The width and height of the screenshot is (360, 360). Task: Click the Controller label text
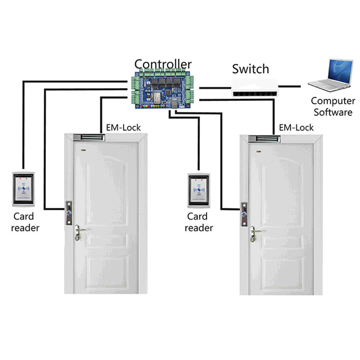pos(163,64)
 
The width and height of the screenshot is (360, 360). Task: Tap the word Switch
pos(250,69)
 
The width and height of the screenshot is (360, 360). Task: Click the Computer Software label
pos(332,107)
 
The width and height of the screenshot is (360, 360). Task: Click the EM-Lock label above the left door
pos(123,127)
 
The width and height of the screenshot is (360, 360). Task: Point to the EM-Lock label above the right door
pos(296,127)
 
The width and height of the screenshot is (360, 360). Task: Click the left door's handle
pos(79,231)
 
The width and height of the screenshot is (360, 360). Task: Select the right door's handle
pos(255,232)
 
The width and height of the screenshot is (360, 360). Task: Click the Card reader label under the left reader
pos(26,221)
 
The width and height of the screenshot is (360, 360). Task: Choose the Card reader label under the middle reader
pos(198,222)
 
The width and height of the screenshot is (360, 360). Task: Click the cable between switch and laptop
pos(290,84)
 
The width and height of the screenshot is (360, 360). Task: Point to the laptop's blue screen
pos(335,70)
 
